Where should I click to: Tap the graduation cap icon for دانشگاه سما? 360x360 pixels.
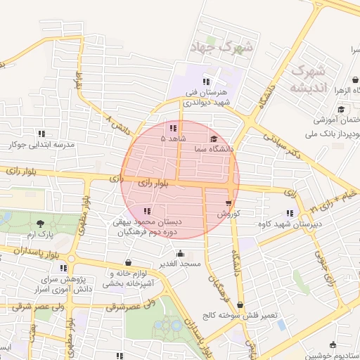[214, 138]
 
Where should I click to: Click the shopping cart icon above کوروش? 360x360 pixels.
[229, 202]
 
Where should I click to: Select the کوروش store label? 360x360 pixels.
[229, 213]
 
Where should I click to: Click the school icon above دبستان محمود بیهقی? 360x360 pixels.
[146, 211]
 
